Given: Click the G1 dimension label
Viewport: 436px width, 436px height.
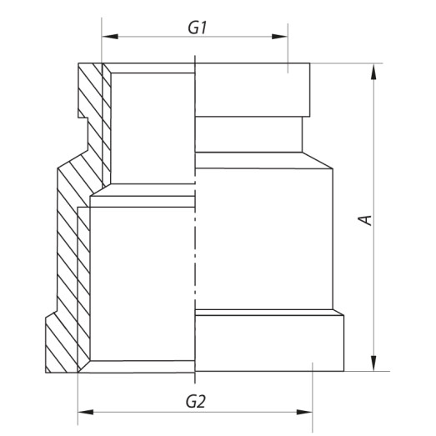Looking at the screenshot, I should point(196,27).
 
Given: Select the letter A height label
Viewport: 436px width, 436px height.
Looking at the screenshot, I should point(364,219).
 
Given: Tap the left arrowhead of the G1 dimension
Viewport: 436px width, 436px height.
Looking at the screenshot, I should point(107,37).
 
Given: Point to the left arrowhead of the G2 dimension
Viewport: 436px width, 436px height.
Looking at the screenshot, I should point(83,411).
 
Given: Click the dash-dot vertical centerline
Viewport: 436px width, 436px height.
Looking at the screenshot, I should point(194,217).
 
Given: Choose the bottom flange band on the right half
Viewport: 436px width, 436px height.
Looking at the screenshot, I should point(267,340).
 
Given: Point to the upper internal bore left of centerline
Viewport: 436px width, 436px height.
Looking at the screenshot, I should point(152,129).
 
